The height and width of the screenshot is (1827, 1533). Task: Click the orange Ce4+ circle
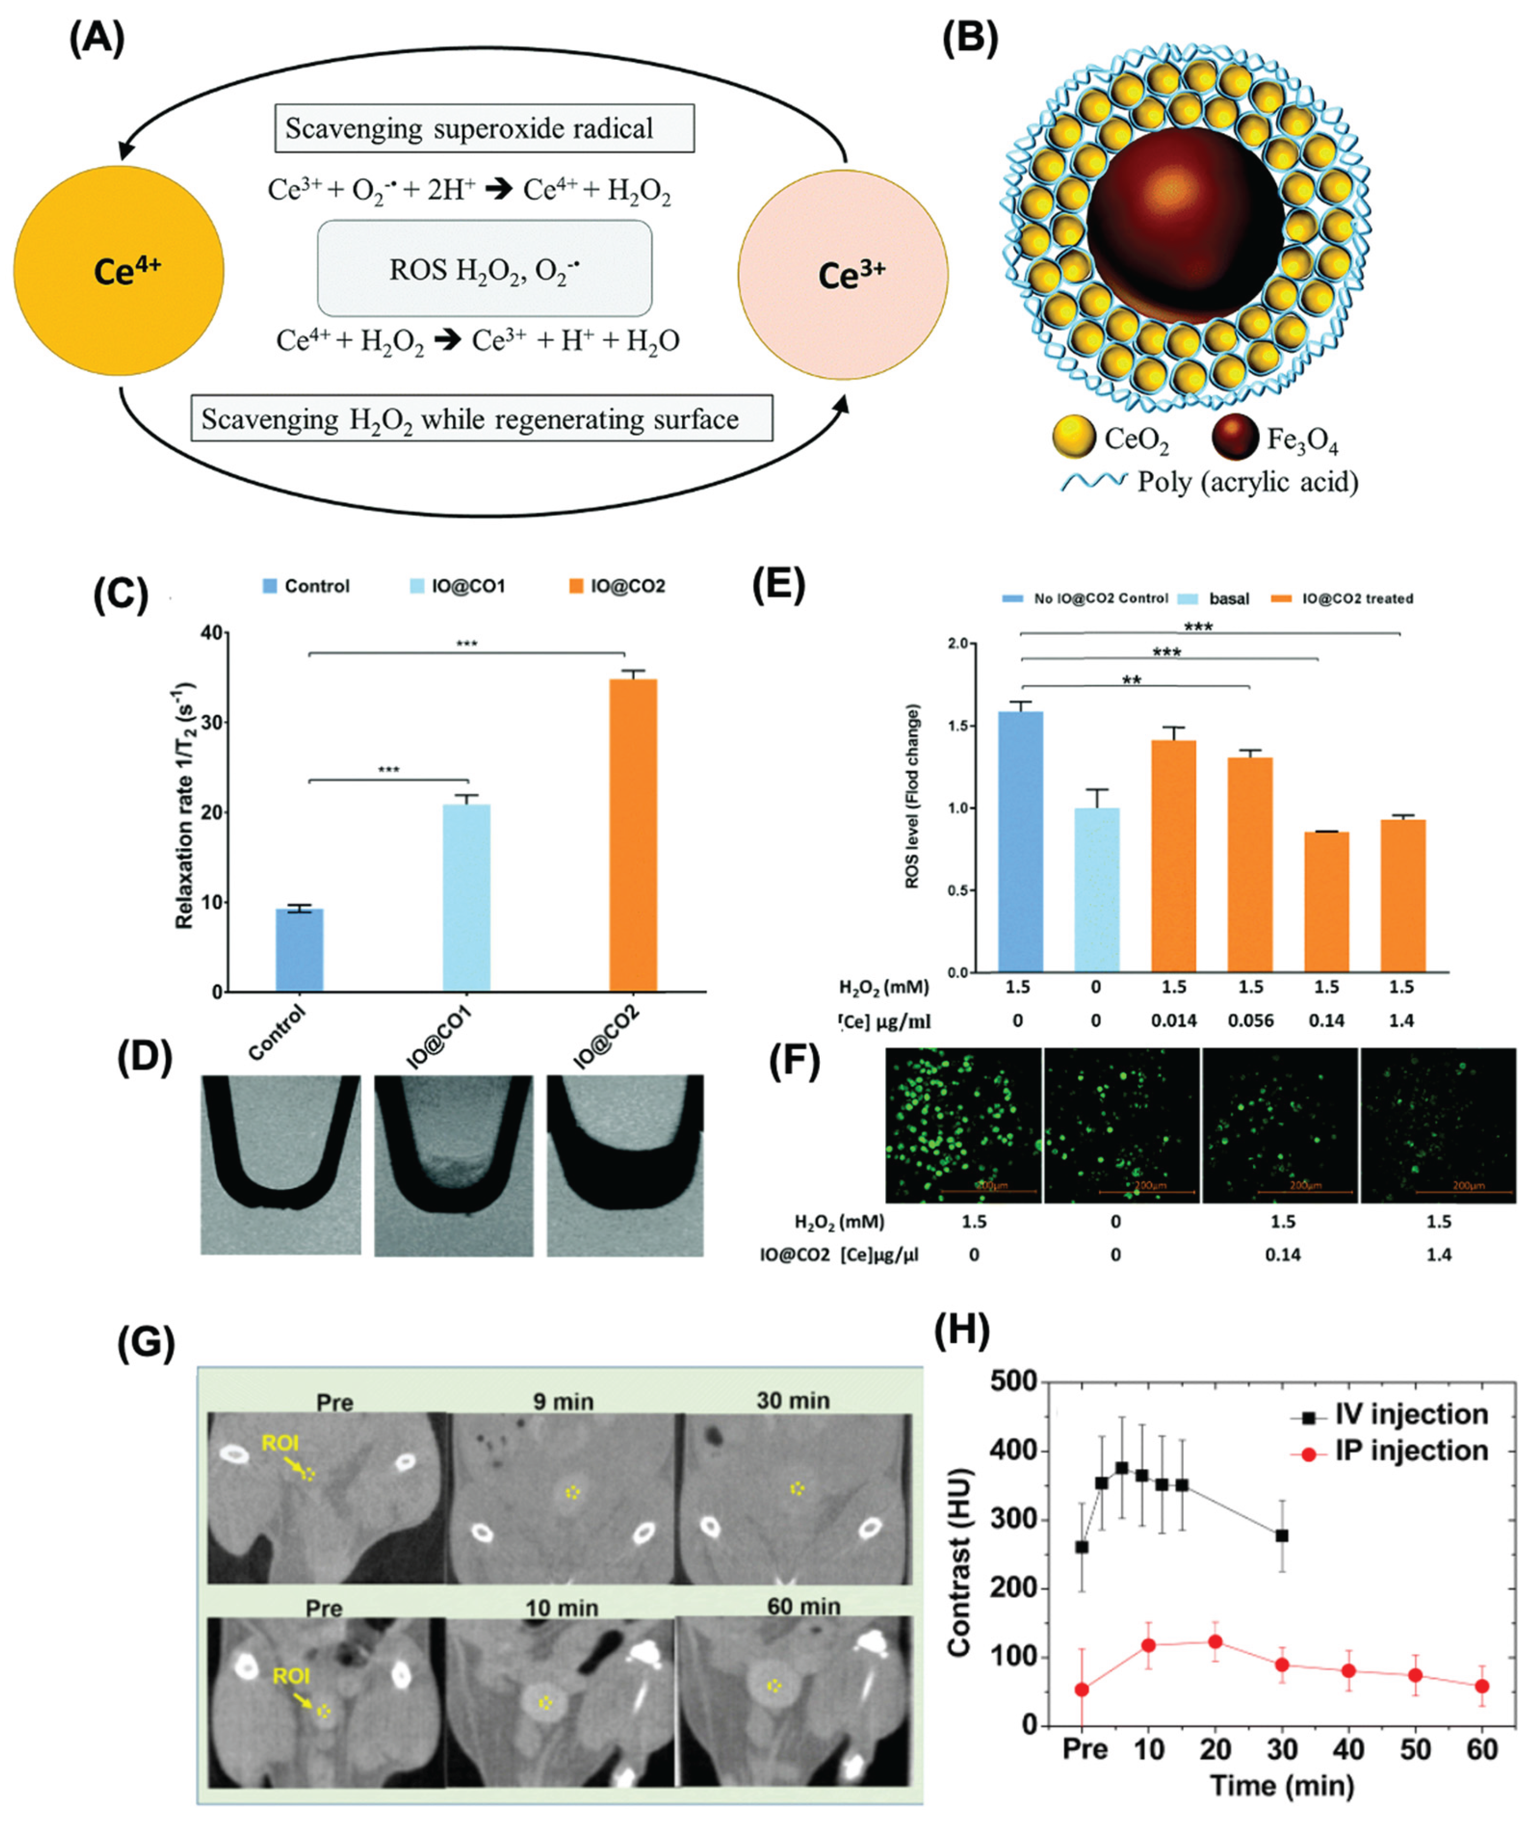119,270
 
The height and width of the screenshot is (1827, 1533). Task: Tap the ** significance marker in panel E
1131,681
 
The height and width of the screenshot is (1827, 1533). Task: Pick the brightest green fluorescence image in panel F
962,1125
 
